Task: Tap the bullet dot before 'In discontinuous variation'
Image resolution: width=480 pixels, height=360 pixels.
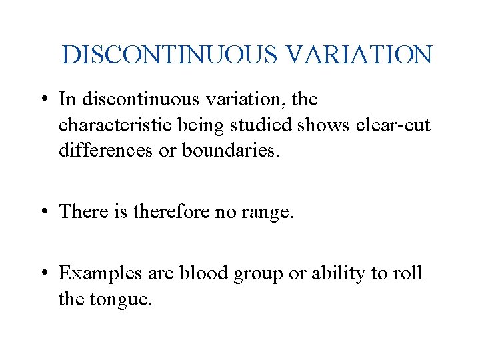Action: tap(43, 100)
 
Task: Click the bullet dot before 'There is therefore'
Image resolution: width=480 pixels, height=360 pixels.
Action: tap(43, 212)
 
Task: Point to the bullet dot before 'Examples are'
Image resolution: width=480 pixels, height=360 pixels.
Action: tap(43, 274)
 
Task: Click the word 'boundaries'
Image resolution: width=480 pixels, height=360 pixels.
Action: tap(227, 150)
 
